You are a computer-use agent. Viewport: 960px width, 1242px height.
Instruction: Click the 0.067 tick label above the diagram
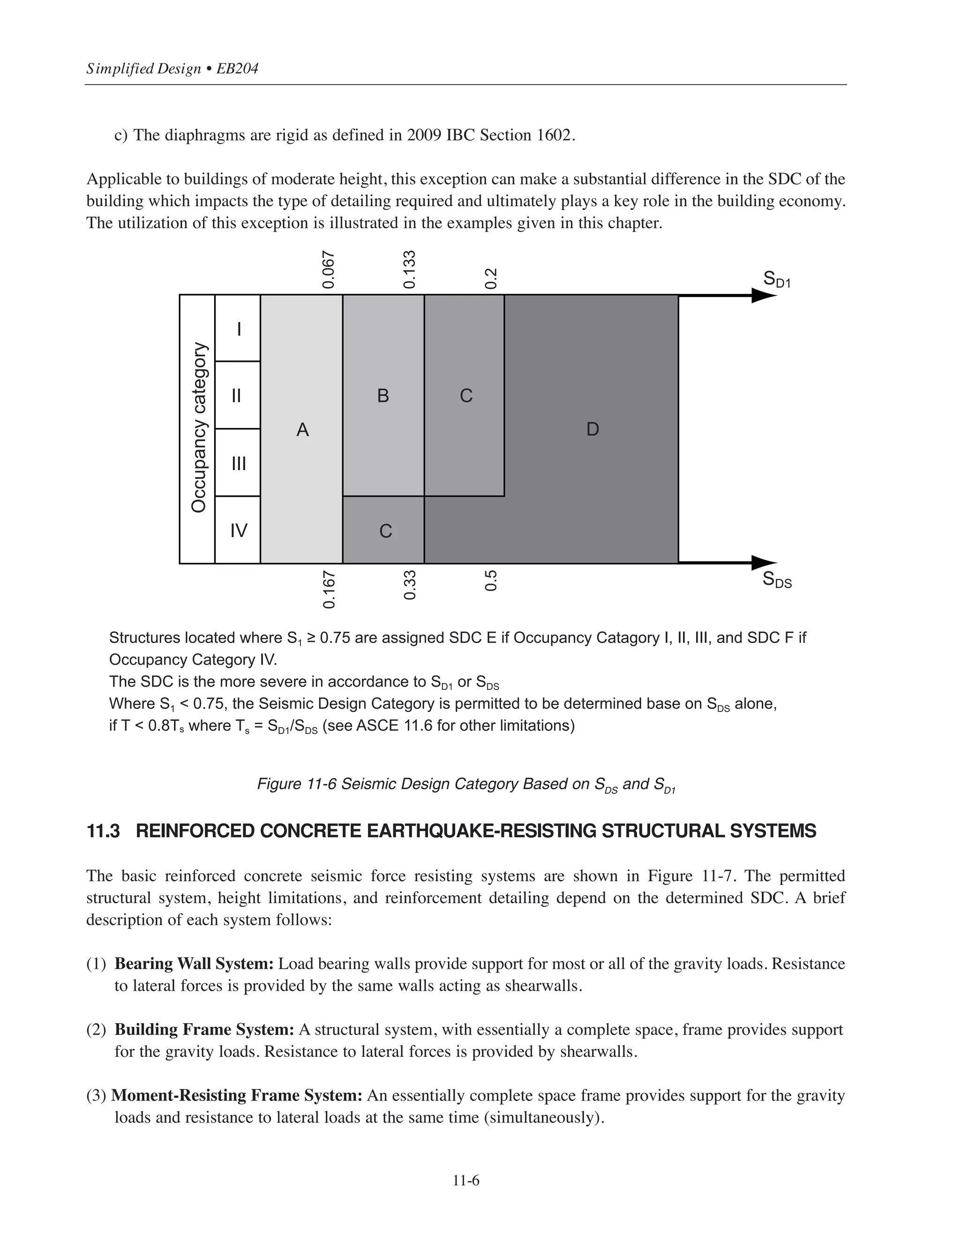point(328,269)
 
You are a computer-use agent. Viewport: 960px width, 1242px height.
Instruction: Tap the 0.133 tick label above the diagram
point(410,269)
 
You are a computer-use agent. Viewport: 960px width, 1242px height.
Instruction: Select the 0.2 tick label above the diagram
point(491,279)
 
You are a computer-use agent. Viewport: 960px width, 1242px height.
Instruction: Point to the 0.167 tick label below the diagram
point(329,589)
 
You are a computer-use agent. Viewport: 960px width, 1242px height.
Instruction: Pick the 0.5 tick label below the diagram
point(491,581)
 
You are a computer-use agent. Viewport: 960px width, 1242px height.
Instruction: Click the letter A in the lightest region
point(302,430)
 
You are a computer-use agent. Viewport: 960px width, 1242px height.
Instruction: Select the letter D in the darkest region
point(592,429)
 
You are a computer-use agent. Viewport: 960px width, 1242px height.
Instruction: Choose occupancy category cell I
point(238,329)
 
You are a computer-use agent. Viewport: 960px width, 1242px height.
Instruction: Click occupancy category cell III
point(238,464)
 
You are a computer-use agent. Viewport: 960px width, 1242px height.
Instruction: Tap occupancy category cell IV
point(238,531)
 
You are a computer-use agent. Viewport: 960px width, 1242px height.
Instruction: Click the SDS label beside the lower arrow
point(777,580)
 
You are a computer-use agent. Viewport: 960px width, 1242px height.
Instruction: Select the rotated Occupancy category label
point(198,427)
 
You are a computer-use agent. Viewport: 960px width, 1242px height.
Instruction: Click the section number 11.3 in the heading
point(103,831)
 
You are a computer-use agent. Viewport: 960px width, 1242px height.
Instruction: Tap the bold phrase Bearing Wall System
point(194,964)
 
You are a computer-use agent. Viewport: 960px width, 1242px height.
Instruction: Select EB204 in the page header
point(238,69)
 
